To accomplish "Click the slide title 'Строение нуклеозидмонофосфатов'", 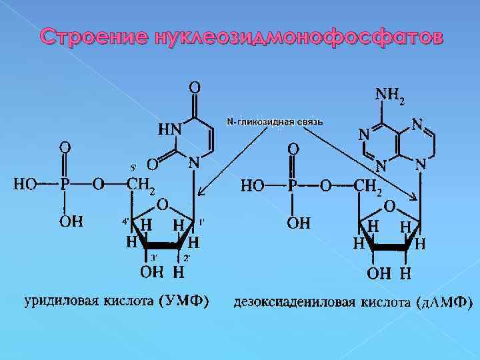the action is (239, 37).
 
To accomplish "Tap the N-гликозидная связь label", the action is (275, 122).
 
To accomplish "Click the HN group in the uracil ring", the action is (169, 129).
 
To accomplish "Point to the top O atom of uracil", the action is (194, 87).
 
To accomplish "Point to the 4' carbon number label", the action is (125, 221).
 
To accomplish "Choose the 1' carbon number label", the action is (201, 221).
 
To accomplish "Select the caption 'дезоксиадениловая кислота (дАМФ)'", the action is (353, 303).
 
